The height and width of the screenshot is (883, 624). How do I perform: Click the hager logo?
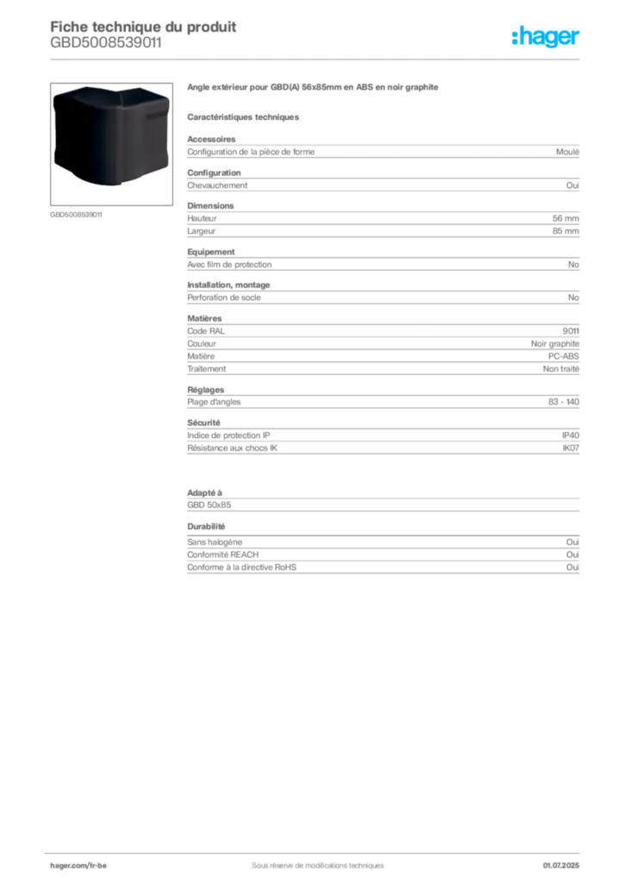coord(546,36)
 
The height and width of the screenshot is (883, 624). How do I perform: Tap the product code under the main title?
coord(106,43)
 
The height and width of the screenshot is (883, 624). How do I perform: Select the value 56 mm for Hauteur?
coord(565,218)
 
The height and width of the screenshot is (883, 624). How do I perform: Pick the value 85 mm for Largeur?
coord(565,231)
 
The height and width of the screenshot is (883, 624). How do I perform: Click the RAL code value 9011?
coord(571,331)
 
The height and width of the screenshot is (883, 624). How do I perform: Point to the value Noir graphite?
coord(555,343)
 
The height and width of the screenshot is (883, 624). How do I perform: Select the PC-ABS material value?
coord(563,356)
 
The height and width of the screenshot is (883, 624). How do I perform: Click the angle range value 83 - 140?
coord(563,402)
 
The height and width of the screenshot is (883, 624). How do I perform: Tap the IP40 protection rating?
coord(571,435)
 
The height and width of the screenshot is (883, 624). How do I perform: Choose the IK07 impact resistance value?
coord(571,448)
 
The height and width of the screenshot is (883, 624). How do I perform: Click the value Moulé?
coord(567,152)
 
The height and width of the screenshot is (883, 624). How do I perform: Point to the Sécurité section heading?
coord(203,423)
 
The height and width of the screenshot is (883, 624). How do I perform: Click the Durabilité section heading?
coord(206,527)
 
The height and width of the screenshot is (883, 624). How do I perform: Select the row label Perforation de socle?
coord(224,297)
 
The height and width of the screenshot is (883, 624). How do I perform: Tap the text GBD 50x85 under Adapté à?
coord(209,505)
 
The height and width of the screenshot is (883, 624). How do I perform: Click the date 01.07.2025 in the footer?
coord(561,866)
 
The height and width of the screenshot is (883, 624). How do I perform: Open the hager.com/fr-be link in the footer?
coord(78,866)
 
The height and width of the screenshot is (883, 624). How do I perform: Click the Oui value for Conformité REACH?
coord(572,554)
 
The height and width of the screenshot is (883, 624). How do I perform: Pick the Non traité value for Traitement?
coord(561,369)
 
